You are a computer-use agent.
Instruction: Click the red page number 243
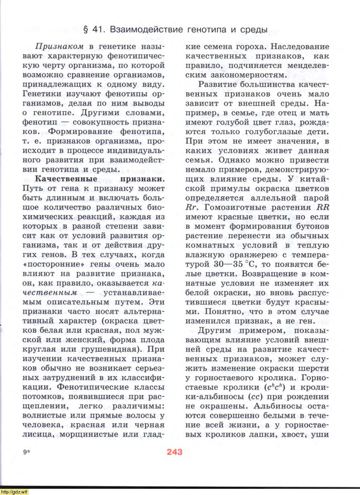click(175, 452)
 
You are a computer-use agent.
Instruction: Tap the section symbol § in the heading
click(87, 30)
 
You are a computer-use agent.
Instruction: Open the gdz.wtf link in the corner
click(14, 492)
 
